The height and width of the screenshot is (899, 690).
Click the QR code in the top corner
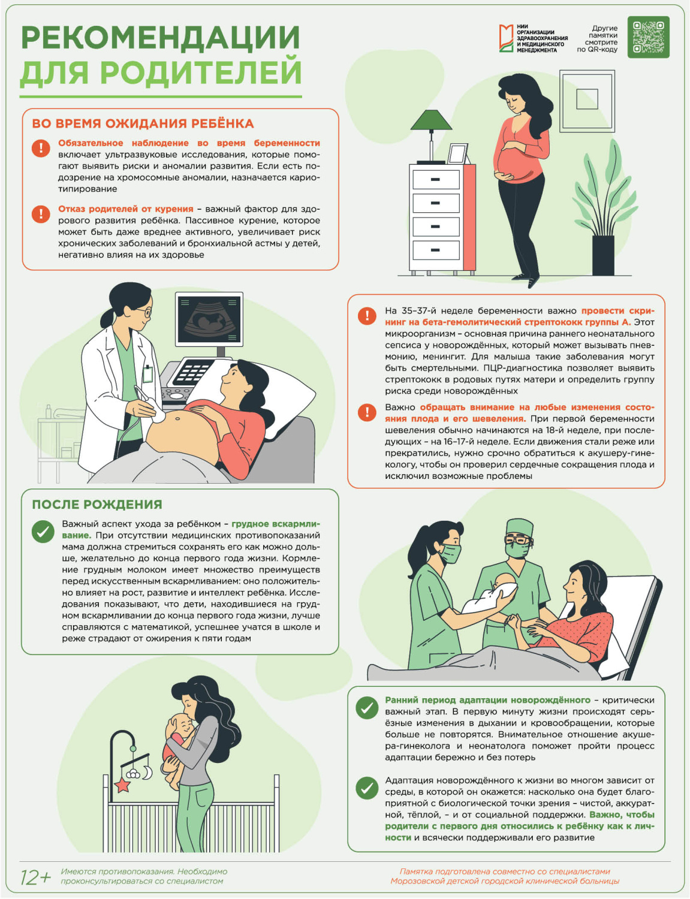click(x=648, y=37)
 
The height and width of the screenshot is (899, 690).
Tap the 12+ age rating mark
click(x=36, y=877)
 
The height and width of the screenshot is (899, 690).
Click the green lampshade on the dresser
click(x=431, y=119)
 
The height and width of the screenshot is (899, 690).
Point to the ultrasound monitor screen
click(x=209, y=319)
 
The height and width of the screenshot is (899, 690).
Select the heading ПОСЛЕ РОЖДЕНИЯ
click(x=97, y=504)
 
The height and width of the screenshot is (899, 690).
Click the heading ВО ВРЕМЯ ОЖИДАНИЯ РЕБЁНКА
click(x=143, y=123)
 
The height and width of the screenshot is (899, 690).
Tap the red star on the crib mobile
click(x=122, y=785)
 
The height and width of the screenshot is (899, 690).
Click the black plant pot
click(x=602, y=255)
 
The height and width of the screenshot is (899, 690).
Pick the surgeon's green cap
click(x=520, y=528)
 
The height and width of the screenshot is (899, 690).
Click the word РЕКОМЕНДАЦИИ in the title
click(x=160, y=38)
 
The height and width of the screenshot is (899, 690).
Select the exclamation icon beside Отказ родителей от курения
click(x=41, y=214)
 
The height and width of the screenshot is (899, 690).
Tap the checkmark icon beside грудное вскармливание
click(x=43, y=531)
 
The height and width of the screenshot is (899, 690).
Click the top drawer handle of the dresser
click(x=435, y=180)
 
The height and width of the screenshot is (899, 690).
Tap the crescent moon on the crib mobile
click(x=147, y=772)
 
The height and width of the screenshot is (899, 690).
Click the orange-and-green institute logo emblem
click(x=506, y=38)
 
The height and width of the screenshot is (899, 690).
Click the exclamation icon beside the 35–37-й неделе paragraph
click(x=367, y=316)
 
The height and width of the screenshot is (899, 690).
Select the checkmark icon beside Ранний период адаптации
click(x=367, y=708)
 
